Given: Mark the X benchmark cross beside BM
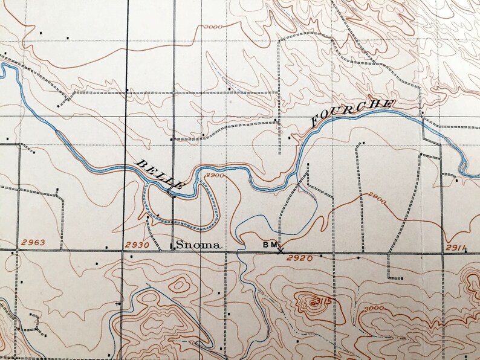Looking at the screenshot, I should click(281, 251).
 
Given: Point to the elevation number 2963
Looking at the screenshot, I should click(33, 243).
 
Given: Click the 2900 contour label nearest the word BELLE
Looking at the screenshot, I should click(215, 175).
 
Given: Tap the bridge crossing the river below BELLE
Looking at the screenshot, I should click(171, 193).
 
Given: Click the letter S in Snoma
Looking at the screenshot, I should click(178, 245).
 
